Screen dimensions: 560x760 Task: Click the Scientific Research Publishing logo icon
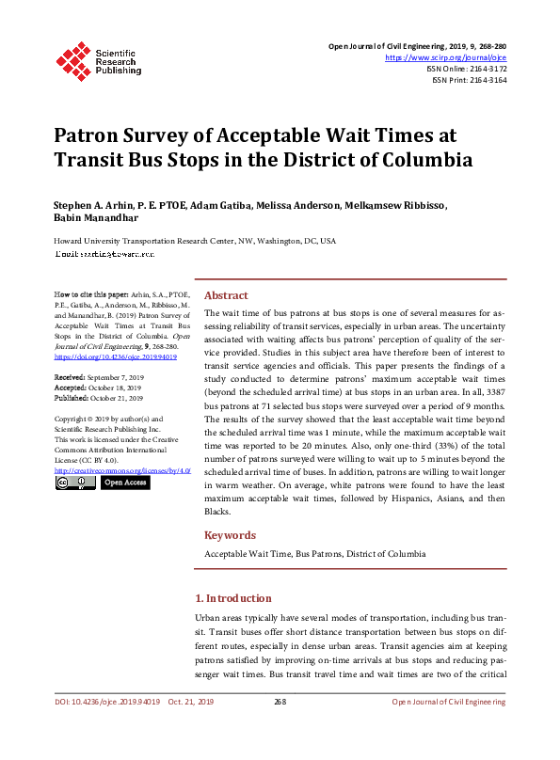[x=73, y=57]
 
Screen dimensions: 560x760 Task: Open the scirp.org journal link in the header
[x=447, y=57]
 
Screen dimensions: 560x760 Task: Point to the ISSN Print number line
[x=470, y=81]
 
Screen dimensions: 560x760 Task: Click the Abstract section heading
[x=227, y=294]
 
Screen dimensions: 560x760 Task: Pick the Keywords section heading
[x=231, y=535]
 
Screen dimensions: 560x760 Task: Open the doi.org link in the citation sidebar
[x=116, y=357]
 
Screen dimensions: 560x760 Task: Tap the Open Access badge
[x=124, y=483]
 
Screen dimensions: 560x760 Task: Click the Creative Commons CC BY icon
[x=74, y=483]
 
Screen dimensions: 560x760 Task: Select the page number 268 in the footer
[x=280, y=702]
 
